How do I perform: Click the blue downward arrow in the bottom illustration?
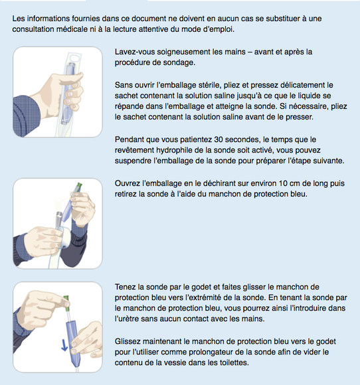[64, 345]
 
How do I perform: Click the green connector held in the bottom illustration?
[66, 303]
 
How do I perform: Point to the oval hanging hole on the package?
[75, 58]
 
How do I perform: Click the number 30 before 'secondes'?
[219, 139]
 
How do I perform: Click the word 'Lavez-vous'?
[135, 52]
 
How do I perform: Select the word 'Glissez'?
[128, 341]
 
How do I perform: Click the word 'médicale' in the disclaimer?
[71, 29]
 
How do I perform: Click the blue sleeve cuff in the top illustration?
[26, 116]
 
